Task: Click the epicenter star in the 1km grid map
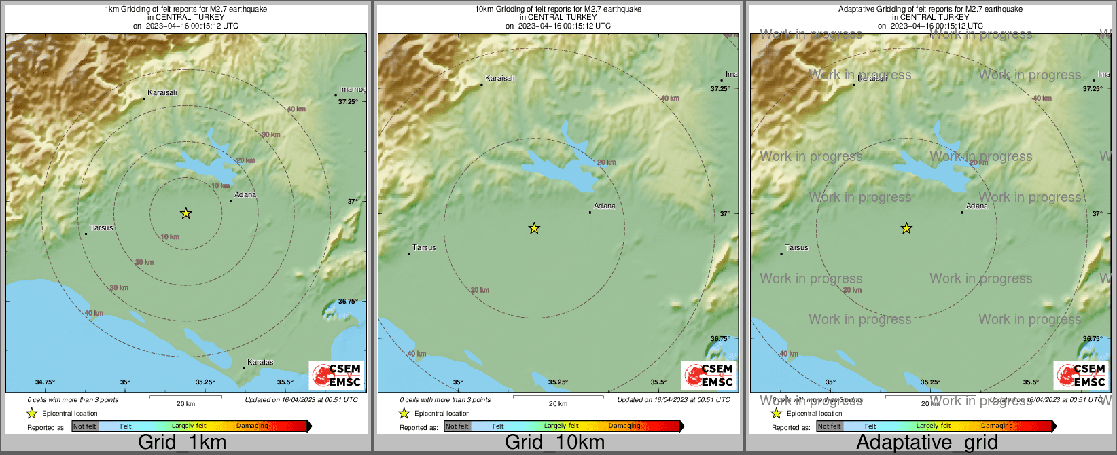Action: [x=185, y=213]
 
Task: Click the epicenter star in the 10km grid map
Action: [x=534, y=228]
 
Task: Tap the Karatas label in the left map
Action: [x=260, y=363]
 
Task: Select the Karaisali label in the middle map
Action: [x=500, y=79]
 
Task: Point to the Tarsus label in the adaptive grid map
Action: [x=796, y=248]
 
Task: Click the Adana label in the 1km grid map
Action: [x=245, y=195]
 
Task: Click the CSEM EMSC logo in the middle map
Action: [x=709, y=375]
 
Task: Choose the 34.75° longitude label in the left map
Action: [x=45, y=382]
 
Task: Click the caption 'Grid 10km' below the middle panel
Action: [x=554, y=443]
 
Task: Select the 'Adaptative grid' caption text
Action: [x=927, y=443]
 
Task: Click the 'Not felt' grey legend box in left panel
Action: [x=85, y=426]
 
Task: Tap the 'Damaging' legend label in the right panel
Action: [x=997, y=426]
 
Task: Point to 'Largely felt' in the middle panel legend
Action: [x=561, y=426]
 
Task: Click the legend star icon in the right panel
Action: [x=776, y=413]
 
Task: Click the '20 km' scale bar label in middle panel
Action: [x=558, y=404]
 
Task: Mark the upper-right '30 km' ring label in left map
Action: [x=271, y=135]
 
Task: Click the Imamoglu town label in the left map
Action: [x=352, y=90]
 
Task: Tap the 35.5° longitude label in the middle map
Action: [x=658, y=382]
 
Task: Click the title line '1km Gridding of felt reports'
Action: [x=185, y=10]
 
